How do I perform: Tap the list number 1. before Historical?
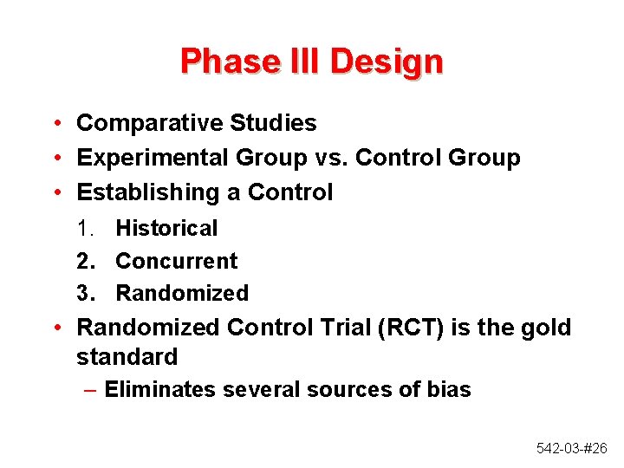pyautogui.click(x=85, y=229)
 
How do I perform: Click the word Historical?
pyautogui.click(x=166, y=229)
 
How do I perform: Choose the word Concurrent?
pyautogui.click(x=176, y=261)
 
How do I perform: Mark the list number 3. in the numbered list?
pyautogui.click(x=85, y=294)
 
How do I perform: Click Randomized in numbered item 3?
pyautogui.click(x=182, y=294)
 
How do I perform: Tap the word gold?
pyautogui.click(x=548, y=328)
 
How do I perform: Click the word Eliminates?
pyautogui.click(x=159, y=390)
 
